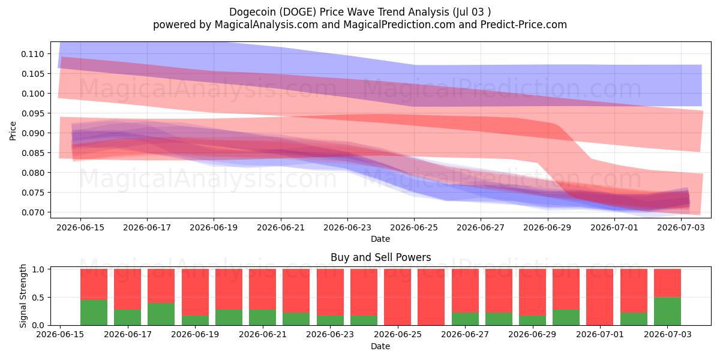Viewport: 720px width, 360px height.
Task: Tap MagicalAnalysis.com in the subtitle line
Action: click(x=266, y=25)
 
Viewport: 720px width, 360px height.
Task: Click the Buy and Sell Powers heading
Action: click(x=380, y=257)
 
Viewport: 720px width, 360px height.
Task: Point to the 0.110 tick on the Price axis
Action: click(x=32, y=54)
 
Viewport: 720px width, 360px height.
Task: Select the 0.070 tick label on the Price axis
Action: click(x=32, y=212)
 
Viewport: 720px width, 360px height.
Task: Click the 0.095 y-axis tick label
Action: click(x=32, y=113)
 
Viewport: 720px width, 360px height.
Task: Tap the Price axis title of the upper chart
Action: click(x=13, y=131)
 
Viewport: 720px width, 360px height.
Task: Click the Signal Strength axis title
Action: click(x=23, y=296)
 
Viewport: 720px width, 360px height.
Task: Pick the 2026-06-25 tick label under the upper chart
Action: click(x=414, y=227)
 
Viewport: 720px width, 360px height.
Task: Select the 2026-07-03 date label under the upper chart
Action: click(x=681, y=227)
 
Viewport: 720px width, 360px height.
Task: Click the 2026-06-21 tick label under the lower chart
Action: click(x=263, y=334)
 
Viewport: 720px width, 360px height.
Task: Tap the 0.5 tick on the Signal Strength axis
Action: click(x=38, y=298)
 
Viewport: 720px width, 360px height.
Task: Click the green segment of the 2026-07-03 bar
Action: click(x=667, y=311)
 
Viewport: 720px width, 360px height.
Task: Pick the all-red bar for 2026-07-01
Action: click(x=600, y=297)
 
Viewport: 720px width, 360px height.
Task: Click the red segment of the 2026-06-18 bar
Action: click(x=195, y=292)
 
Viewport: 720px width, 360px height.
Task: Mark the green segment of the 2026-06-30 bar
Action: click(x=566, y=317)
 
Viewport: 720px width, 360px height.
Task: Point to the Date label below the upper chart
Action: click(x=380, y=239)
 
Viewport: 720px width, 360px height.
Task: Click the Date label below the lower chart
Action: click(x=380, y=346)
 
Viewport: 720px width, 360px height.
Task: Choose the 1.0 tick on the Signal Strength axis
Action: click(x=38, y=269)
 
